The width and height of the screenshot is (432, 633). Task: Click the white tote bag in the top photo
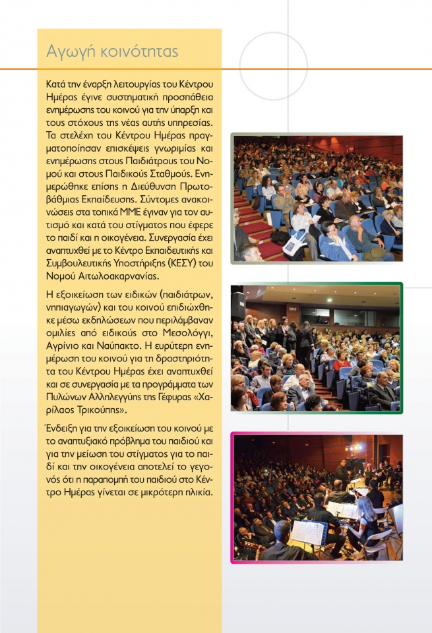295,243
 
